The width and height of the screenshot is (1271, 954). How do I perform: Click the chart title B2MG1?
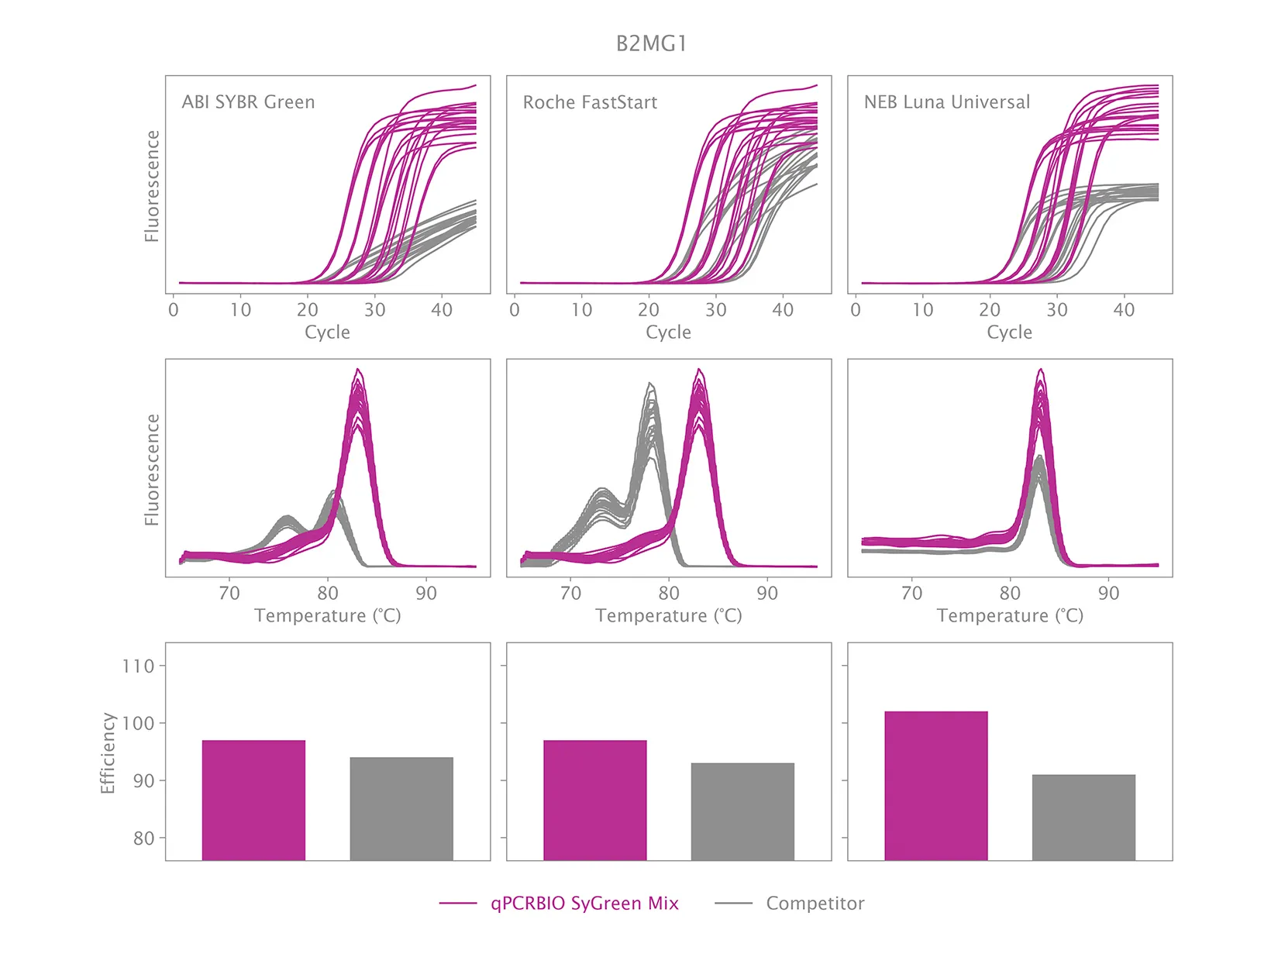651,43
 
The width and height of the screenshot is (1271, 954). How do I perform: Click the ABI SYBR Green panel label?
248,102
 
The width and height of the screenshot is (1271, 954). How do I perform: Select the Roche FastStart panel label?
590,102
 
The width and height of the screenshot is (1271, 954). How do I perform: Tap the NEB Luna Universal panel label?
946,102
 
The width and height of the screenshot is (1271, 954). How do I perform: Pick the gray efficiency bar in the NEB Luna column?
1083,817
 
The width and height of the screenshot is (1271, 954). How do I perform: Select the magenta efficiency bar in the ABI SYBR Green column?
253,800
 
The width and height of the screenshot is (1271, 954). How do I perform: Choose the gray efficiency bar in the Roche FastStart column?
742,811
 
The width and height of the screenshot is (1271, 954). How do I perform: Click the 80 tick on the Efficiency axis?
143,838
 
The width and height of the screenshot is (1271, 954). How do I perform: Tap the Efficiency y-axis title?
108,753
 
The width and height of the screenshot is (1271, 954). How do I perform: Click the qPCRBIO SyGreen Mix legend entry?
584,904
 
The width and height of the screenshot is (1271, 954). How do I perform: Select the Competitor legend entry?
815,904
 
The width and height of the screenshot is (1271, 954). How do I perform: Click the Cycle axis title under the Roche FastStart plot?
668,332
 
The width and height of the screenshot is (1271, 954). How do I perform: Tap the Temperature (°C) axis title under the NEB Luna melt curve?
1009,616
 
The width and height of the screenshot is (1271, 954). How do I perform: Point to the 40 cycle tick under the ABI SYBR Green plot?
442,310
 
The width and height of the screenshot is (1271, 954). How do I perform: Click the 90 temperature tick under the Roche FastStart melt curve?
767,594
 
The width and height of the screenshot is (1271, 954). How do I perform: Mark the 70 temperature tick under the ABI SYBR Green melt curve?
229,594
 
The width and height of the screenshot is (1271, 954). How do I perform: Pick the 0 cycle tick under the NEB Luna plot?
856,310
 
